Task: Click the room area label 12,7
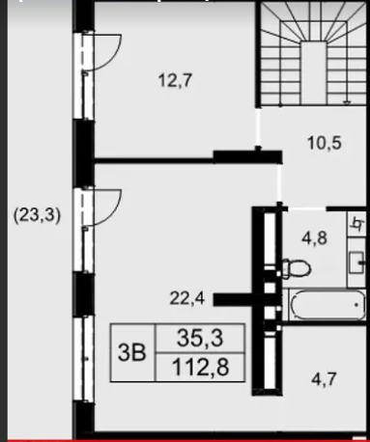(x=176, y=80)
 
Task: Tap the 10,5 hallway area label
(x=325, y=143)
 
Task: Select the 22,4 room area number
(x=187, y=298)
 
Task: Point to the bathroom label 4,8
(x=315, y=238)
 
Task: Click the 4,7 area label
(x=324, y=379)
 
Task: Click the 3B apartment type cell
(x=132, y=352)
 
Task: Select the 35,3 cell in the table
(x=200, y=338)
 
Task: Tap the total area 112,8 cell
(x=200, y=368)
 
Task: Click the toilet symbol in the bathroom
(x=297, y=268)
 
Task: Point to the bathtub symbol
(x=327, y=305)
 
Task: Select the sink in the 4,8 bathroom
(x=356, y=262)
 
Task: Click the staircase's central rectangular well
(x=314, y=72)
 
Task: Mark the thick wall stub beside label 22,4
(x=234, y=299)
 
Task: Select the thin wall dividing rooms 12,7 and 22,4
(x=154, y=160)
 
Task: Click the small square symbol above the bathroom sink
(x=357, y=224)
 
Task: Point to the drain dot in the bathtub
(x=356, y=304)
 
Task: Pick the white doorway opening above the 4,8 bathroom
(x=307, y=208)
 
